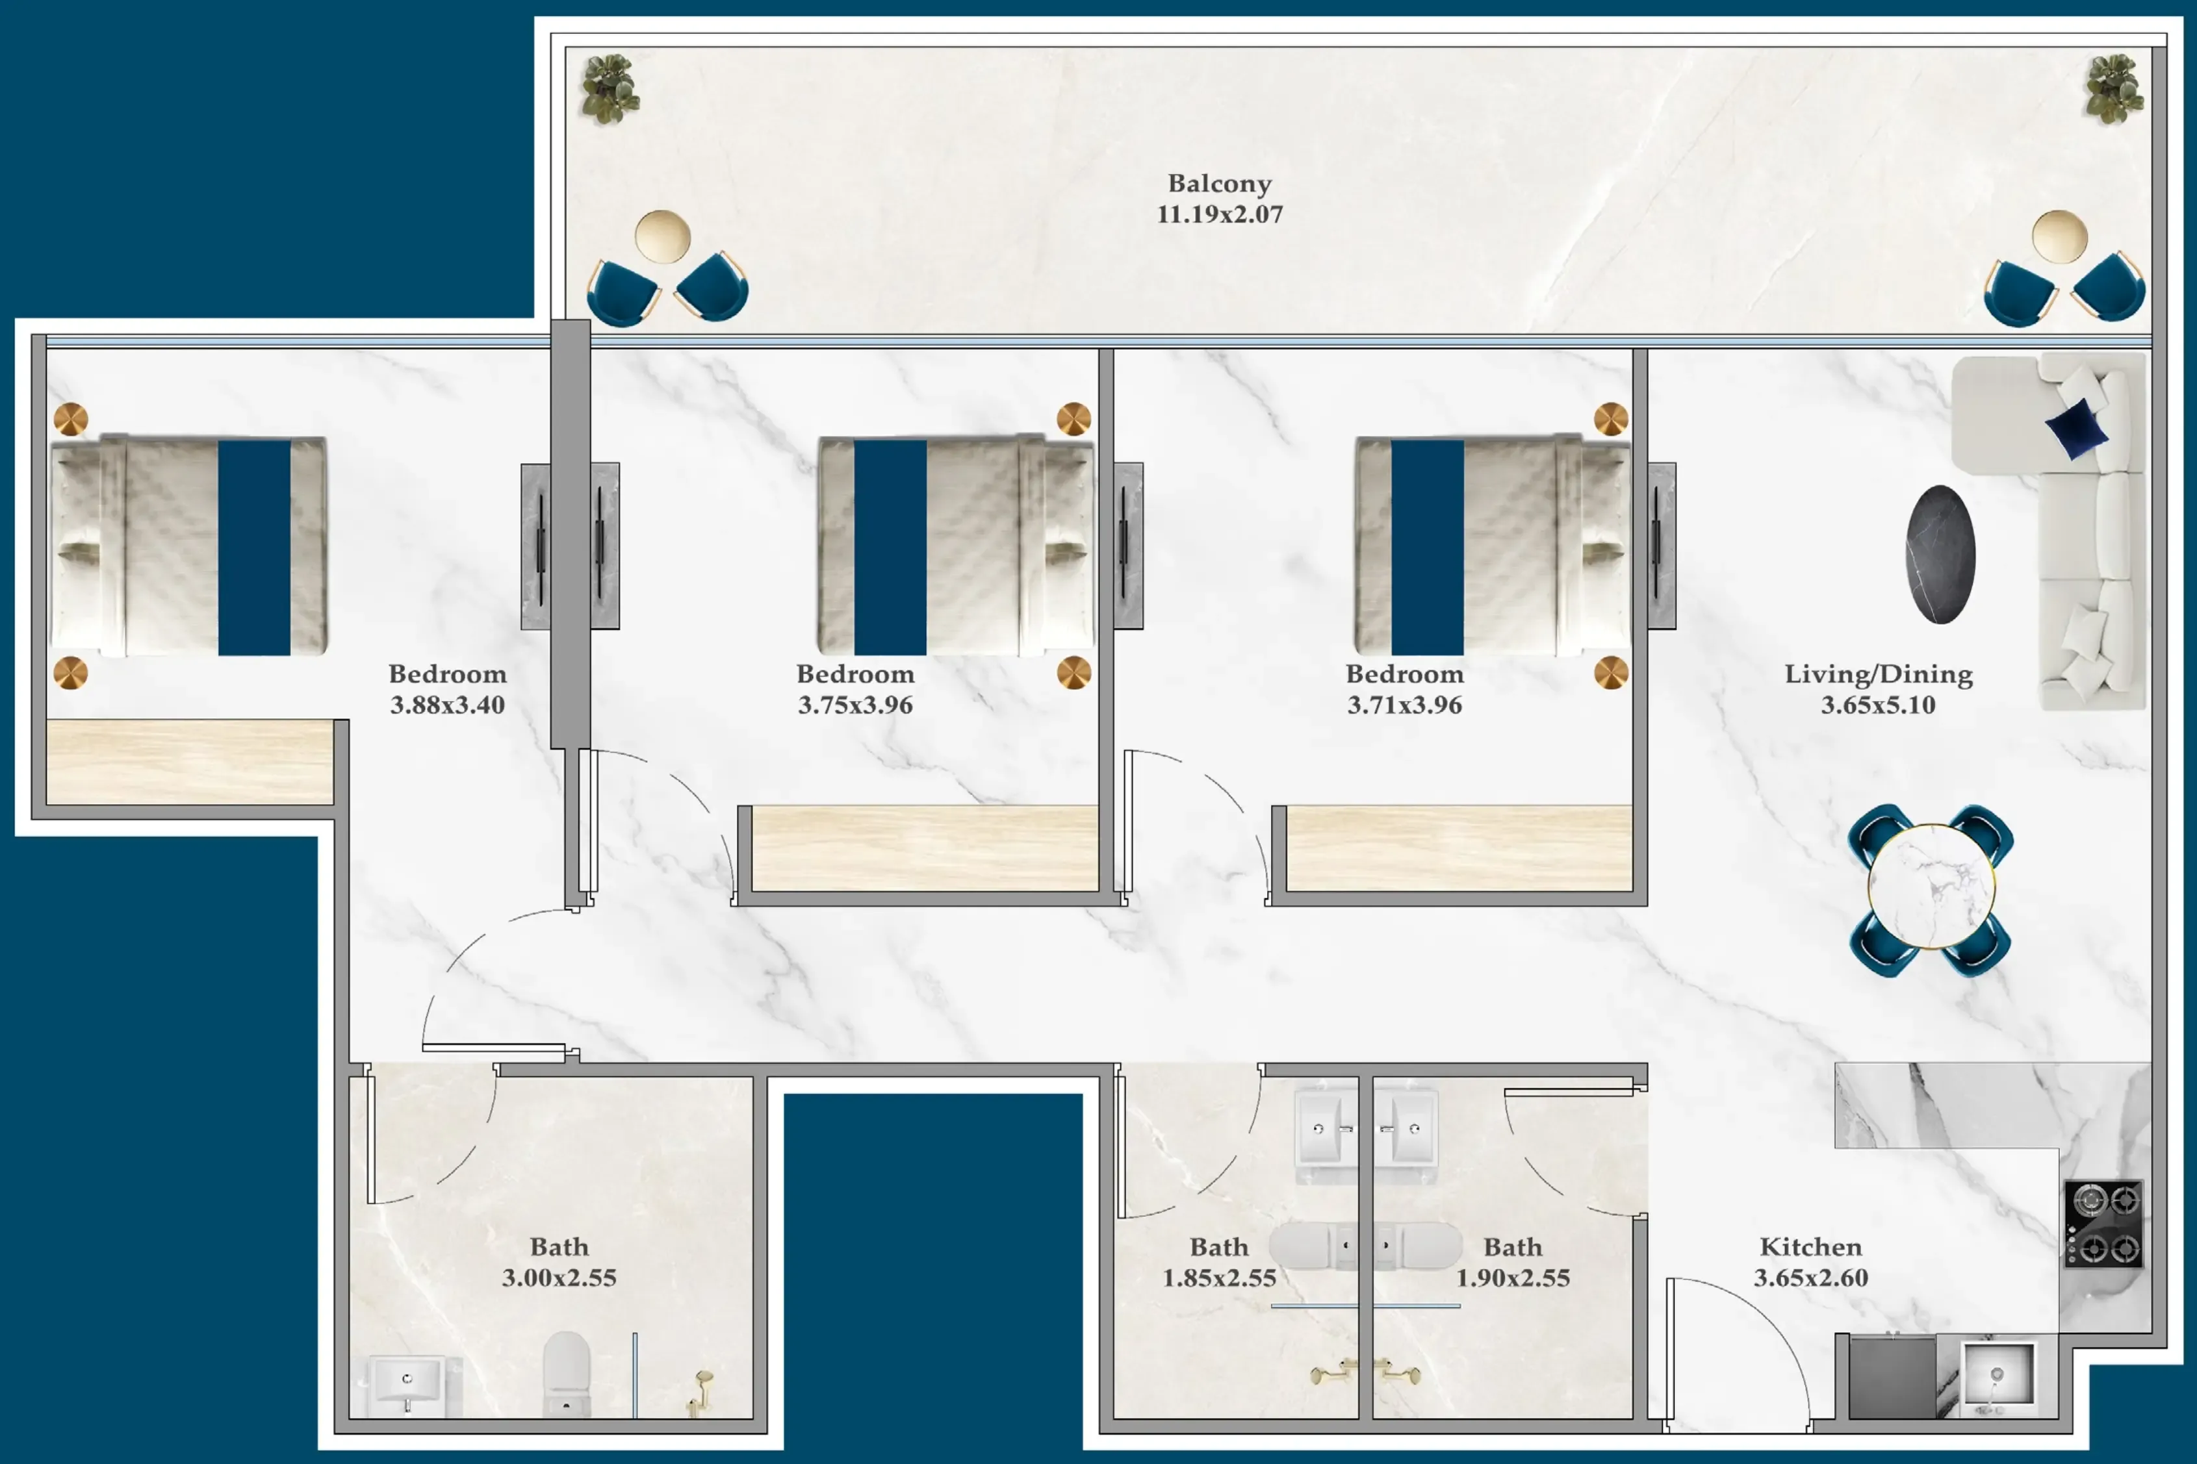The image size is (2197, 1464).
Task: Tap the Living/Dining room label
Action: (x=1879, y=674)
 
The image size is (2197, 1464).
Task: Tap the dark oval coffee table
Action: (x=1940, y=555)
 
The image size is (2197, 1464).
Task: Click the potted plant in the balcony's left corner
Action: (x=611, y=89)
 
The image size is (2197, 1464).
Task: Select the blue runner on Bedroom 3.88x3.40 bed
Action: (x=254, y=548)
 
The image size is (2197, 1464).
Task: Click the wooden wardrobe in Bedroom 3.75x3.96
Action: (x=925, y=848)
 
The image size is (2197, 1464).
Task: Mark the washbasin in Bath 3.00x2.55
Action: (x=407, y=1385)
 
